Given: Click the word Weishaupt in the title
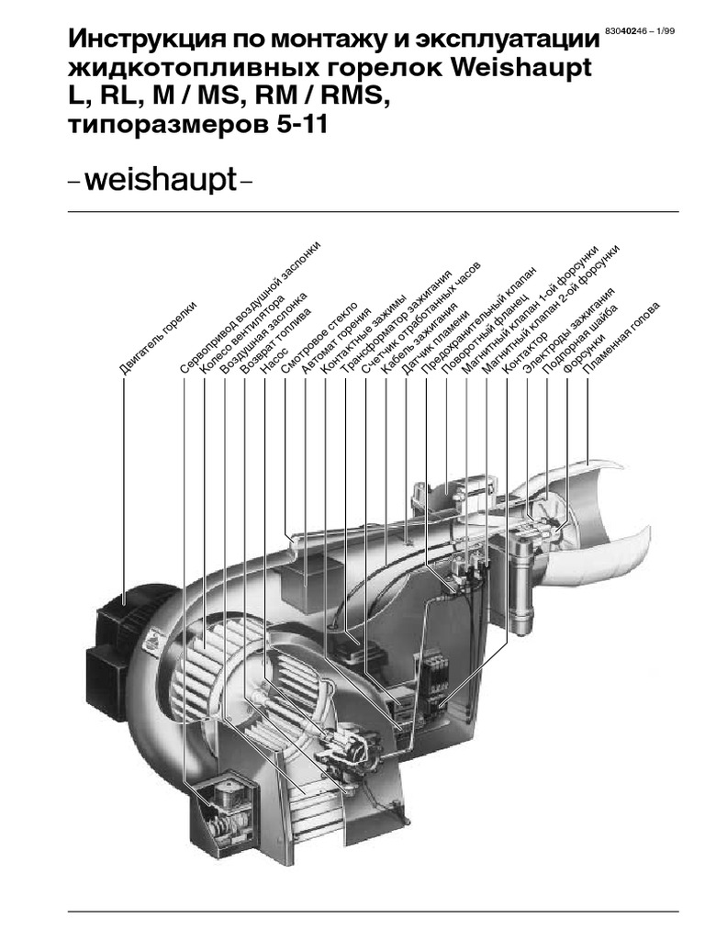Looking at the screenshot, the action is (521, 67).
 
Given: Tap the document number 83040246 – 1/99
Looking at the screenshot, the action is (640, 31).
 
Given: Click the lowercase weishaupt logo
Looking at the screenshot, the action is (161, 179).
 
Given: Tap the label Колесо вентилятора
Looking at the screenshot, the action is (241, 335).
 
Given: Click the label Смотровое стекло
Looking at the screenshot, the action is (319, 339).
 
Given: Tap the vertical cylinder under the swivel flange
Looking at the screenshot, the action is (521, 584).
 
